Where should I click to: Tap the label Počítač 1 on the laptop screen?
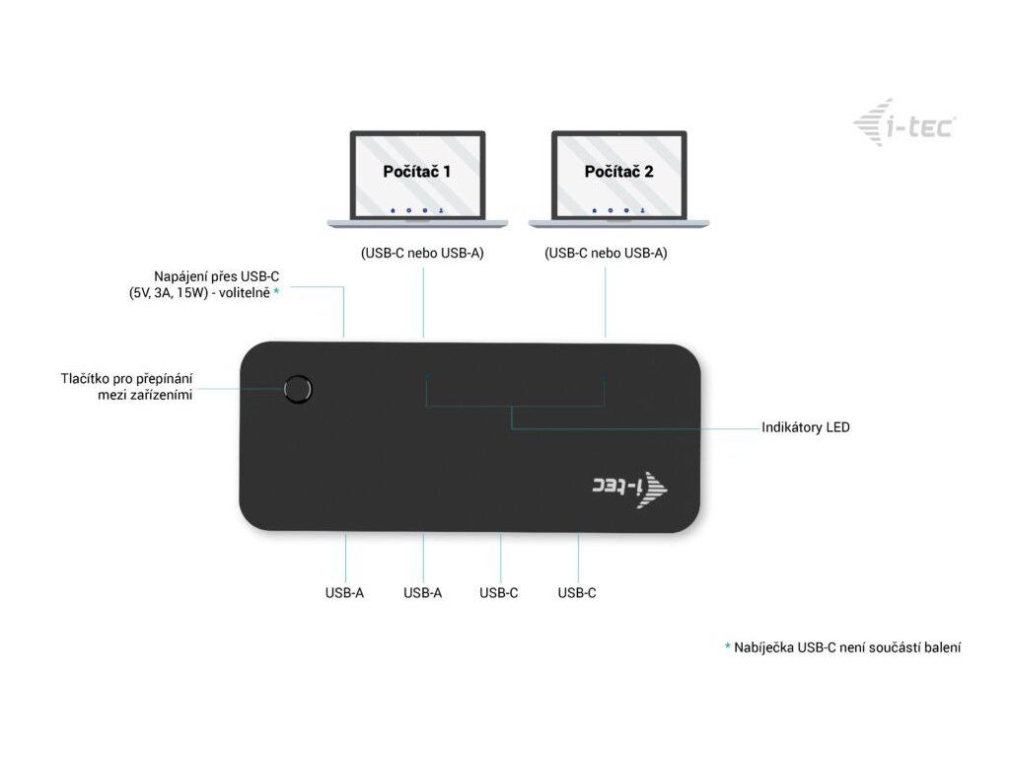[x=417, y=172]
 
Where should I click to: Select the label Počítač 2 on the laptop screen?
[x=618, y=172]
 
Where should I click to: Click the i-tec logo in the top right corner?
[x=903, y=124]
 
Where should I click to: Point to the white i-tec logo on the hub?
[x=630, y=487]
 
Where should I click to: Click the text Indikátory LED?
[x=805, y=428]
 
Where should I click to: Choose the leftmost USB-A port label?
[x=344, y=593]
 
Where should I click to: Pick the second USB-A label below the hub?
[x=422, y=593]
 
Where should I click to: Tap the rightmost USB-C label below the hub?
[x=577, y=593]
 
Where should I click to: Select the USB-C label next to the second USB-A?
[x=499, y=593]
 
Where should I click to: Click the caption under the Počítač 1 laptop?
[x=422, y=254]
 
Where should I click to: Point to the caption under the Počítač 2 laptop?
[x=606, y=254]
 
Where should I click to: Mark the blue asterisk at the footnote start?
[x=728, y=647]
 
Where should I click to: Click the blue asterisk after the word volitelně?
[x=276, y=293]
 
